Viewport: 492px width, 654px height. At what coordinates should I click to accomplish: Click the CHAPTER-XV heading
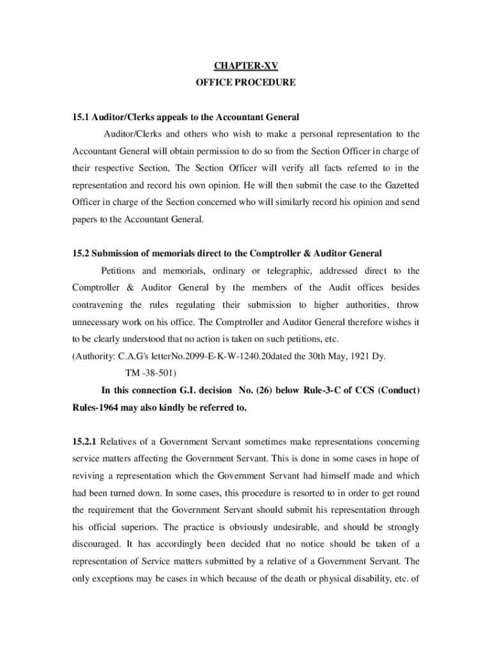[x=246, y=66]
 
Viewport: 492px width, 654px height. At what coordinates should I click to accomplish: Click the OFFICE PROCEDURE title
[x=246, y=82]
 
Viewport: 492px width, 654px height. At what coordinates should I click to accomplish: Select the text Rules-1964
[x=97, y=407]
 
